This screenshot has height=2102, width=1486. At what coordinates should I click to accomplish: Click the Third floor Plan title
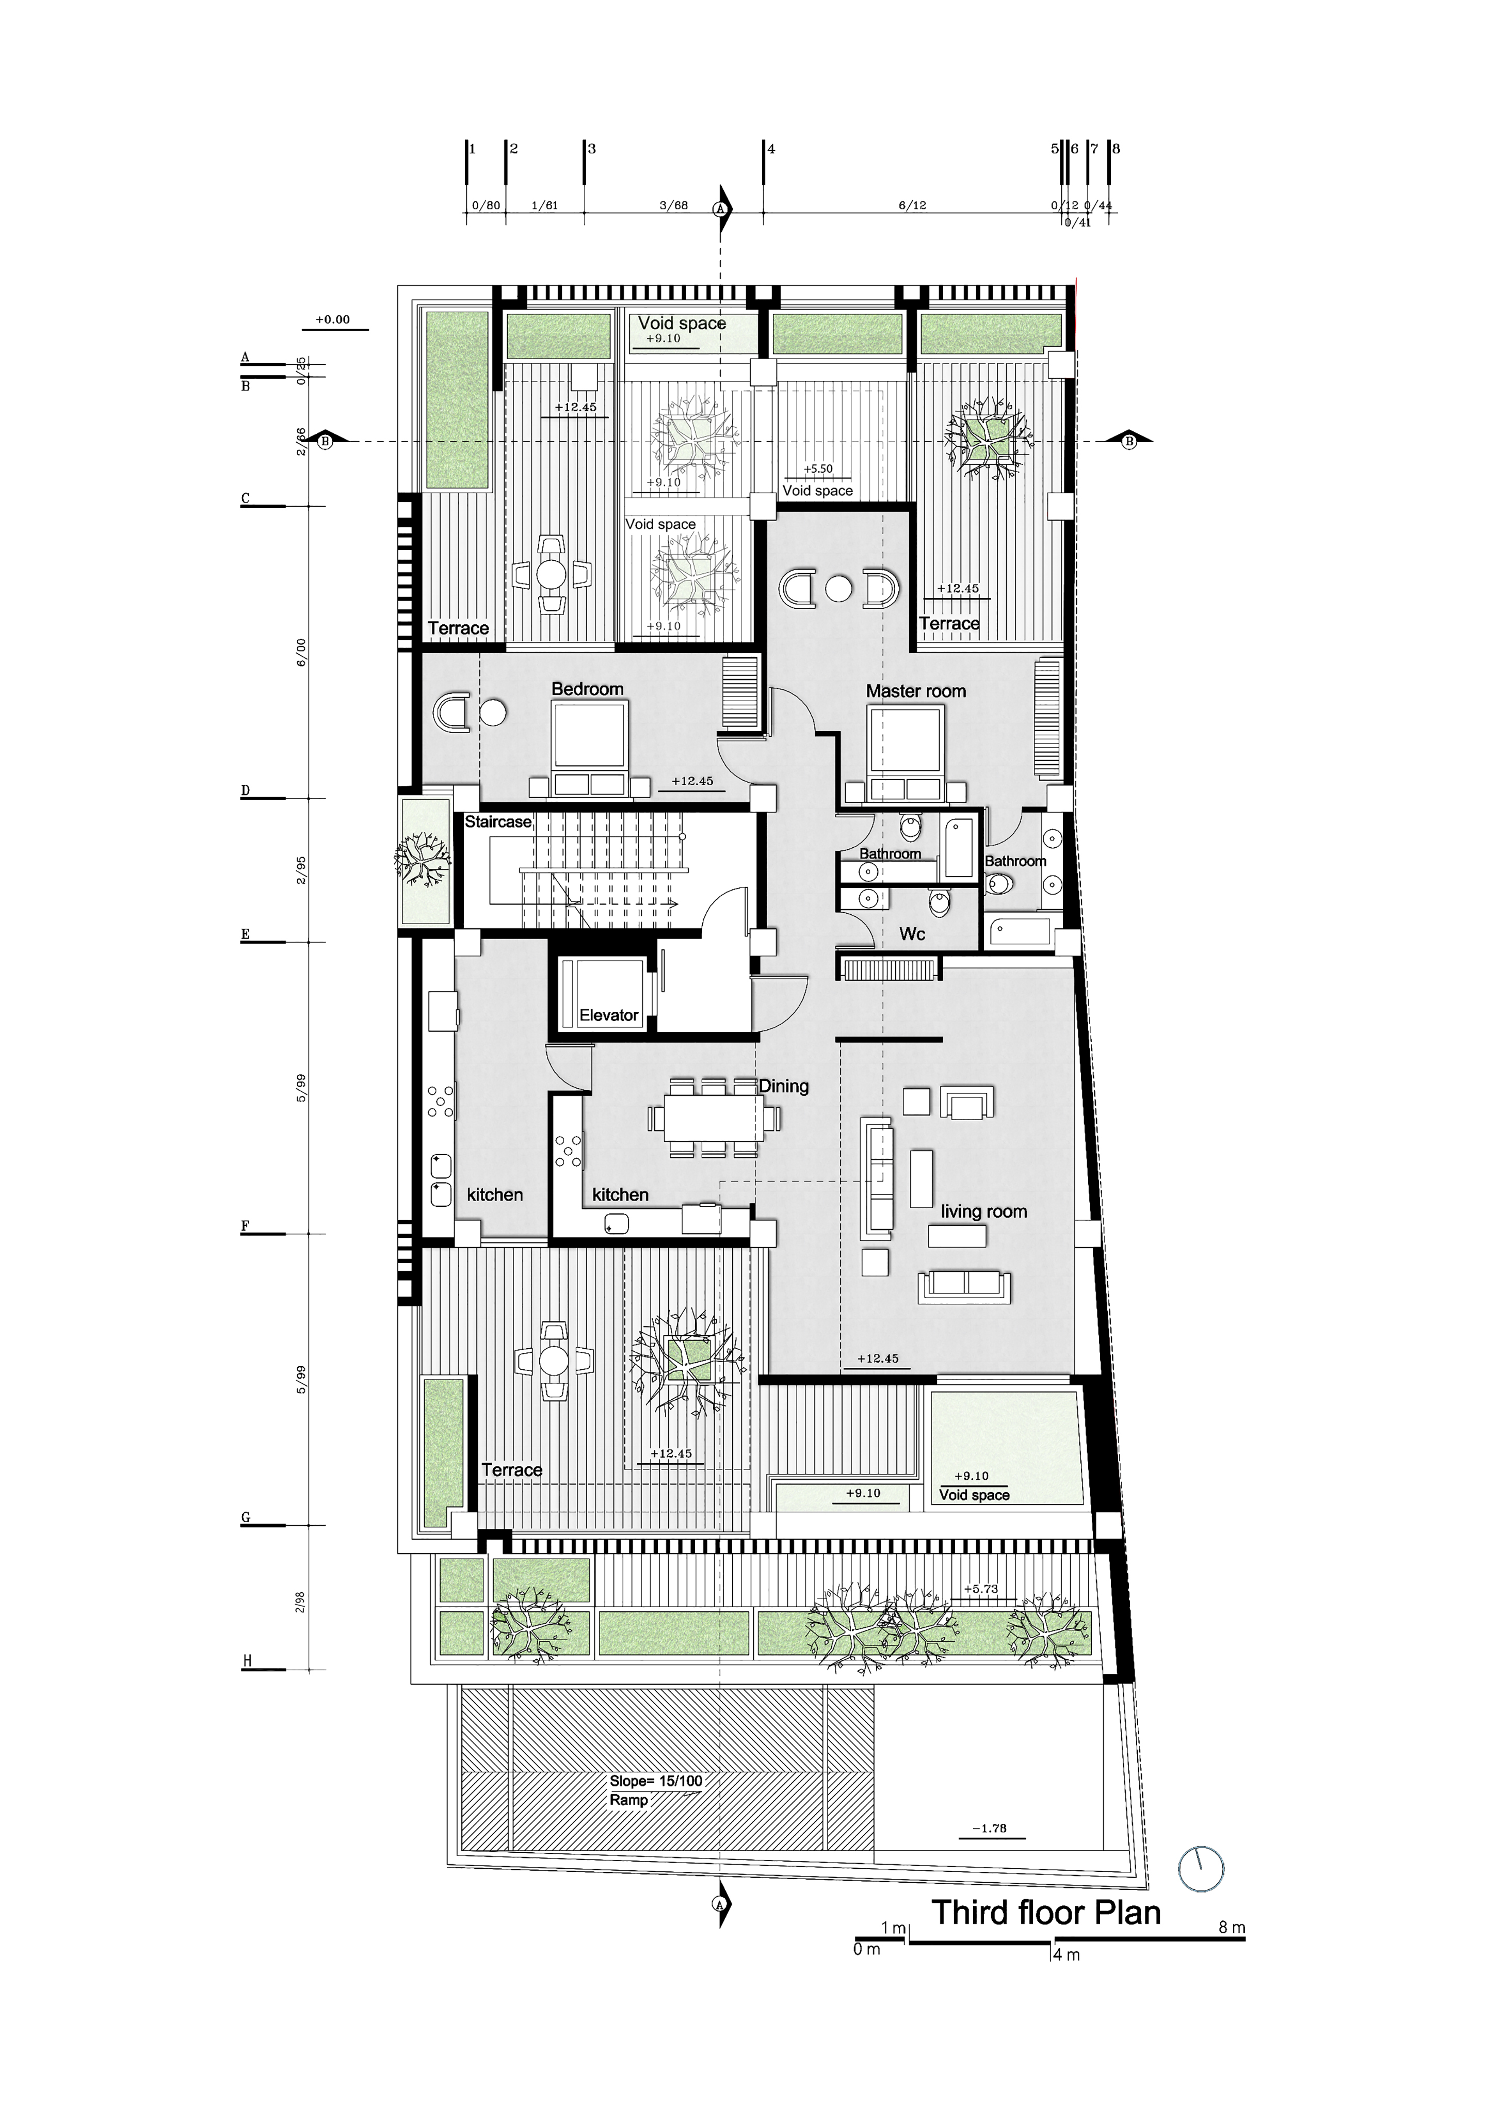1045,1913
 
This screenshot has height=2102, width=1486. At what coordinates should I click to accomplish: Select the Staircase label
497,821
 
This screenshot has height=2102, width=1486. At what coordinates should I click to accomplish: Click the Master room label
915,691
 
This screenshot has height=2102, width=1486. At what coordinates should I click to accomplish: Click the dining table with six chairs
713,1118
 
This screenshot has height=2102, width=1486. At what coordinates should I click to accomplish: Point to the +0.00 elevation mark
332,319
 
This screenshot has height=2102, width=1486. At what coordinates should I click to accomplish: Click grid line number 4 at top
771,148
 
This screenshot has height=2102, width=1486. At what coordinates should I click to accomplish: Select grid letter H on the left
246,1662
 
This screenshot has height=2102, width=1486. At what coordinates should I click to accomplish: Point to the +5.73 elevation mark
980,1589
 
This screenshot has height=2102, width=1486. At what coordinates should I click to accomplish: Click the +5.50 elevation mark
818,468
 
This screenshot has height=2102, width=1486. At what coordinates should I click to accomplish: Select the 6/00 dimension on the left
301,652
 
